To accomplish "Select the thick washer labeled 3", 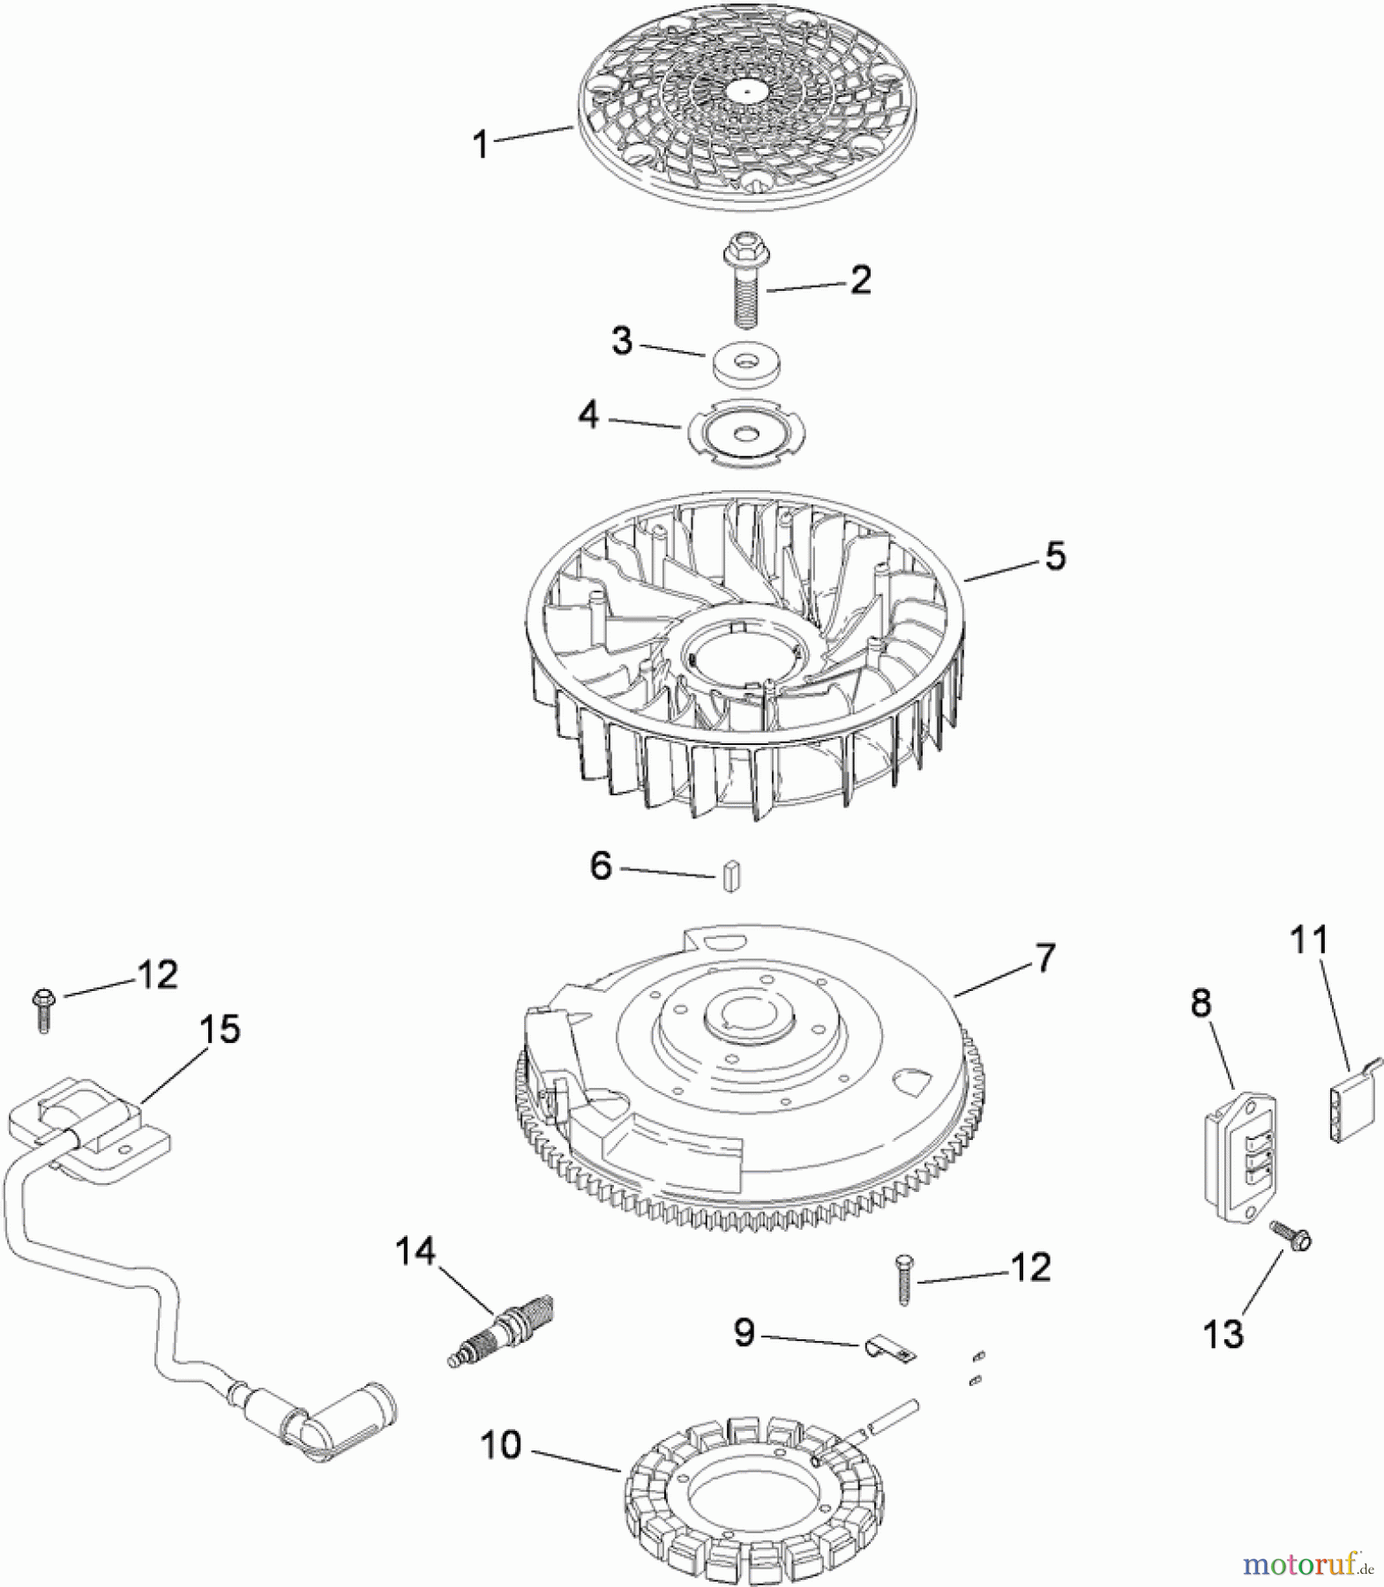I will pos(747,361).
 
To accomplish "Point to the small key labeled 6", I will pos(729,877).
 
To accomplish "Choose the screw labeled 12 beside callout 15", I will pos(43,1010).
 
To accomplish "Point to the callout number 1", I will pos(481,144).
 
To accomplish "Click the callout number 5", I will pos(1055,556).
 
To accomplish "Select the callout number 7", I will pos(1044,957).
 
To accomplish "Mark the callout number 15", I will pos(220,1029).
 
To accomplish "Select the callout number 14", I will pos(415,1251).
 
